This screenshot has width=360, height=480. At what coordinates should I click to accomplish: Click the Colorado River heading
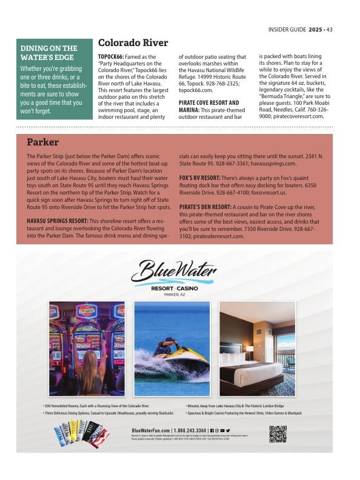pos(133,43)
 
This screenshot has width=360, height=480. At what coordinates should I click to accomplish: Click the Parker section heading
pos(42,142)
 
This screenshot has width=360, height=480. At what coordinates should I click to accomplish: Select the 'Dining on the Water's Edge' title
pos(49,53)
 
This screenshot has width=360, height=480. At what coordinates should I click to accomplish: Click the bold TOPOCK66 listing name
pos(110,56)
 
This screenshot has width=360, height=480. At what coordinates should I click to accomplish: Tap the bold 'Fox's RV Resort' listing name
pos(199,178)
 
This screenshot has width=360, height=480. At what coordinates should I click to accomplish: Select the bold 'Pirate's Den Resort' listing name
pos(205,207)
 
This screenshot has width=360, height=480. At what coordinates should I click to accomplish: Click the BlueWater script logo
pos(173,271)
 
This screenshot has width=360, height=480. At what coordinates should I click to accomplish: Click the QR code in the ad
pos(278,434)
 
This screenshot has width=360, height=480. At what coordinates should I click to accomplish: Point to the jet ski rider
pos(165,348)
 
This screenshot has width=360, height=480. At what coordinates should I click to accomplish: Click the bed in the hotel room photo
pos(250,370)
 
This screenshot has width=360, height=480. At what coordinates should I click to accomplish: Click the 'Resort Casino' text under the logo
pos(173,288)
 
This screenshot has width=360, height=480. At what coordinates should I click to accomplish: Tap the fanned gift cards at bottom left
pos(81,435)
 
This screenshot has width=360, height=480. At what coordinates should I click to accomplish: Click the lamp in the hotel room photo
pos(250,349)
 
